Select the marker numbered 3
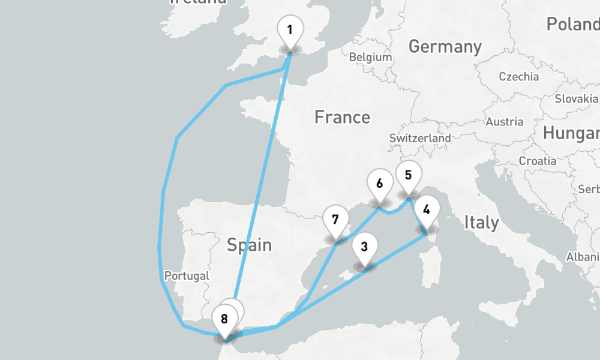coord(364,246)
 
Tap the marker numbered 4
coord(427,211)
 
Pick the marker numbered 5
coord(409,176)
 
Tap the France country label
coord(342,117)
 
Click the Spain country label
coord(249,245)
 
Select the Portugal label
coord(187,276)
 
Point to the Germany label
coord(445,46)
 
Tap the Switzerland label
coord(420,138)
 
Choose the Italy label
coord(481,223)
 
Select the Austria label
coord(504,122)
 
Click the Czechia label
coord(519,77)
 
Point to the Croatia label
coord(538,161)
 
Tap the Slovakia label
coord(577,98)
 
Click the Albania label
coord(583,257)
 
